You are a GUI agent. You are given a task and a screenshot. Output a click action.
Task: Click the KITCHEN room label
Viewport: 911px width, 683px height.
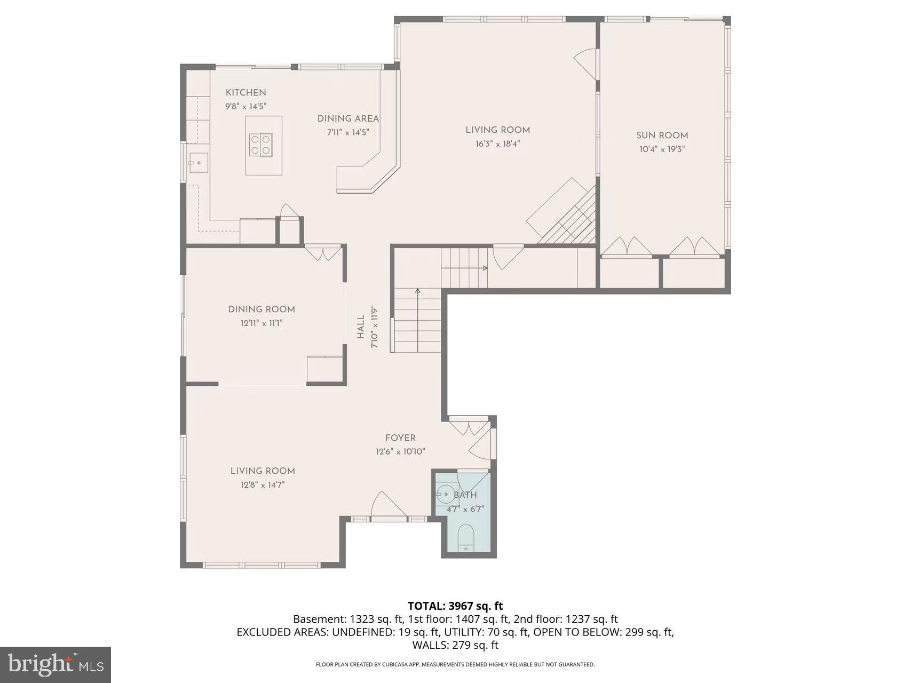tap(245, 93)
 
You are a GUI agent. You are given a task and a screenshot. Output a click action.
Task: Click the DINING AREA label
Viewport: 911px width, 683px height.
tap(348, 119)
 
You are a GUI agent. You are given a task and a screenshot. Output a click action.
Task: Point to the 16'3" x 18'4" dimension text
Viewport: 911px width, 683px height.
tap(497, 144)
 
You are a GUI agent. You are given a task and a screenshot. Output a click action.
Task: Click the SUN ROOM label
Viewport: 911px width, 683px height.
tap(662, 136)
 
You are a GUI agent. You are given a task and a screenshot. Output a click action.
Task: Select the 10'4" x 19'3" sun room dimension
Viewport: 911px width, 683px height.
tap(662, 150)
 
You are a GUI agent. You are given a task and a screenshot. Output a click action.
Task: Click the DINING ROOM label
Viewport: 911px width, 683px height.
tap(262, 309)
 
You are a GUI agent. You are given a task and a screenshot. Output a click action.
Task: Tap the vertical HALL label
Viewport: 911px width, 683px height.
tap(361, 327)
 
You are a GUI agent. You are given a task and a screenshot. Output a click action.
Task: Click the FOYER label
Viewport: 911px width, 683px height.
tap(400, 438)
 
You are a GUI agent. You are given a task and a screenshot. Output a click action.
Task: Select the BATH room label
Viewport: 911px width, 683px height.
tap(465, 495)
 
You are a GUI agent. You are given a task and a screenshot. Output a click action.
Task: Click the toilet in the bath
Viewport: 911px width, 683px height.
tap(466, 537)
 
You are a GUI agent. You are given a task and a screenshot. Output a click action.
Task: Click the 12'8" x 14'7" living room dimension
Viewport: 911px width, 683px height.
tap(262, 485)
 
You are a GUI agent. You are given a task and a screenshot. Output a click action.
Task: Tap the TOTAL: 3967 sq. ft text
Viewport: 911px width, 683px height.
tap(455, 606)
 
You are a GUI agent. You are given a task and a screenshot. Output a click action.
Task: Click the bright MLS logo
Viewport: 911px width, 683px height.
tap(56, 664)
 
